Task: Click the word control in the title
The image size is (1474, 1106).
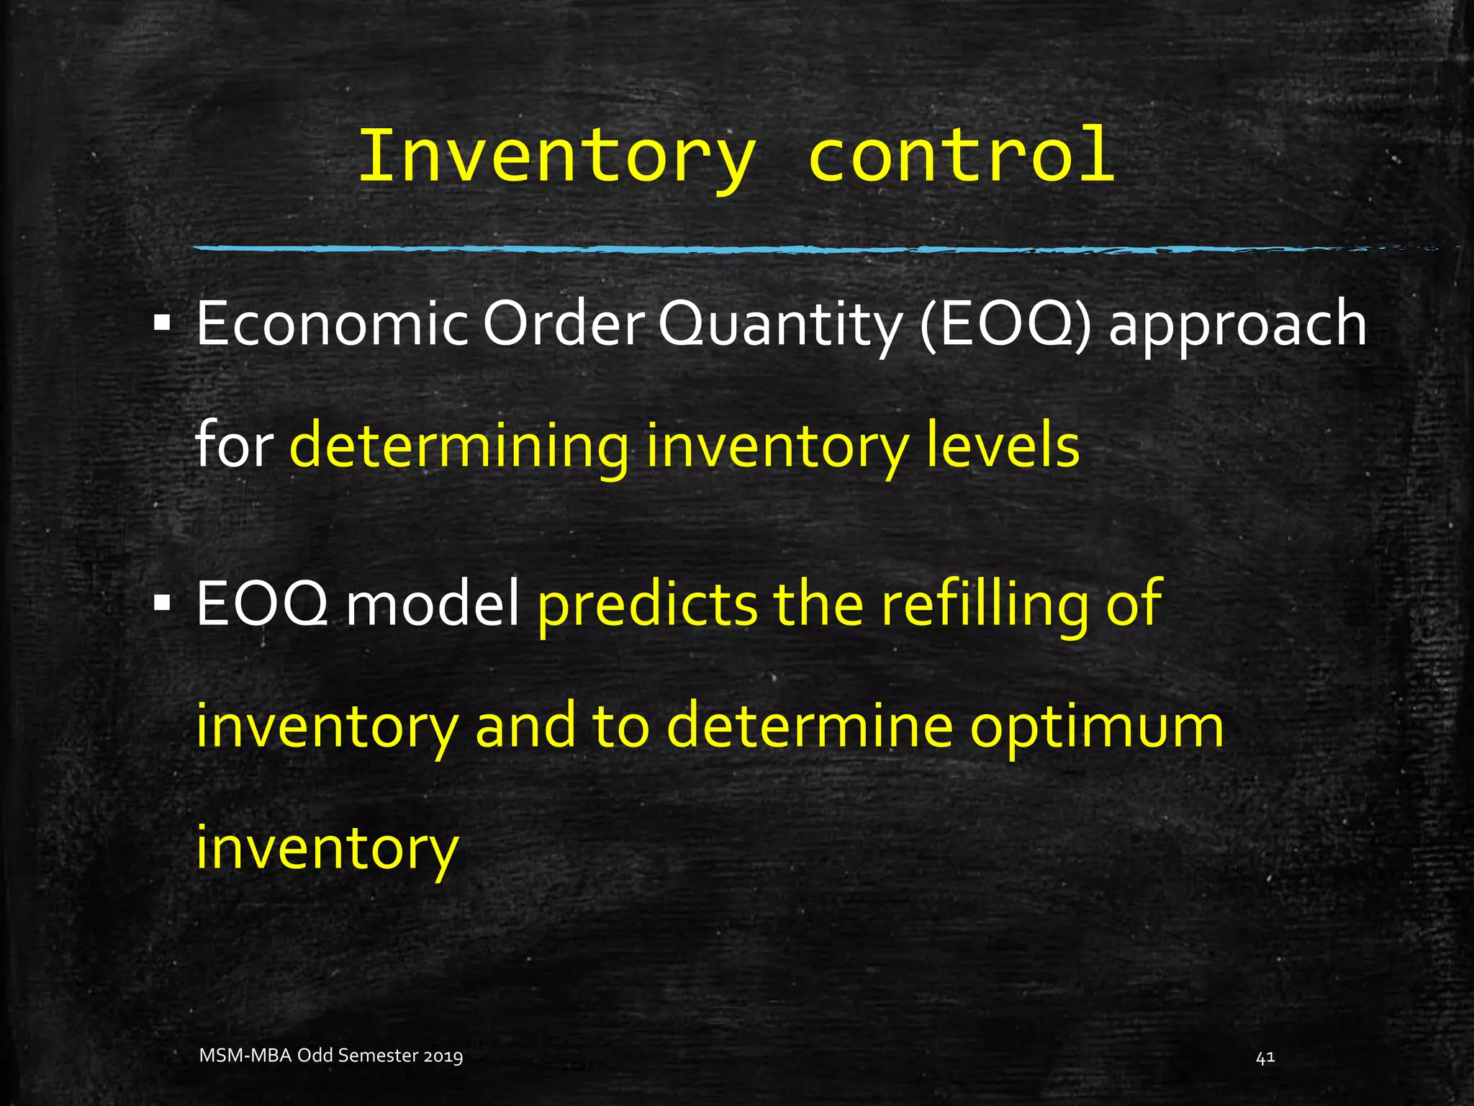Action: (x=962, y=156)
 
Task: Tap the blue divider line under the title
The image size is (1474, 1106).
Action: (x=720, y=249)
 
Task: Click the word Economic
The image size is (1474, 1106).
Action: (x=332, y=324)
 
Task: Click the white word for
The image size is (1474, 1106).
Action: (x=234, y=445)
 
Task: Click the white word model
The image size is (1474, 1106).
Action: (x=433, y=603)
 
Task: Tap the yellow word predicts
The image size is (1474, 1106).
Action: (x=647, y=603)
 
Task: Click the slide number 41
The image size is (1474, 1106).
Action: (x=1265, y=1057)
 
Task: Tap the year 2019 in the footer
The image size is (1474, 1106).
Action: (x=443, y=1056)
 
